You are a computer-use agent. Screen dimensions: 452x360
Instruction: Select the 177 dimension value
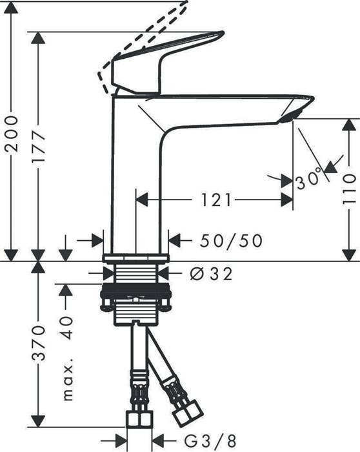40,150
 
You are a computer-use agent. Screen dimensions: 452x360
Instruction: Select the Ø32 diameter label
211,274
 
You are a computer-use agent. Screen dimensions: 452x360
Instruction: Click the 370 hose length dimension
40,342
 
